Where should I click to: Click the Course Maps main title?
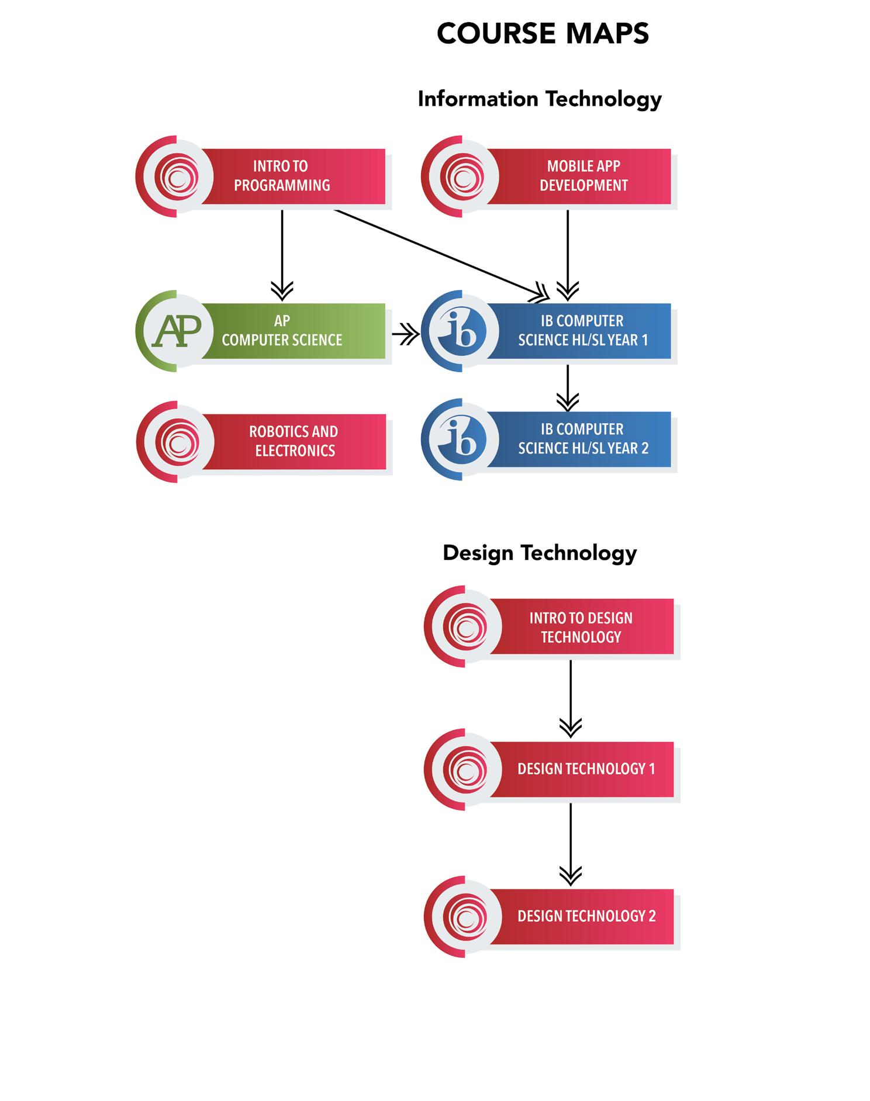[543, 33]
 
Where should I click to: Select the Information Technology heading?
[539, 99]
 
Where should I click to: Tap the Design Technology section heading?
[539, 553]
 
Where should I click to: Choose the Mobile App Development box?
[582, 176]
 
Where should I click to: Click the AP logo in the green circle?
[177, 331]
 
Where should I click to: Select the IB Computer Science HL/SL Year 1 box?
[582, 331]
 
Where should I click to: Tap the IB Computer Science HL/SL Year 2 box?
[582, 439]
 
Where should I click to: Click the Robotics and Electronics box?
[294, 441]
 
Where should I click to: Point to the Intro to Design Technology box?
[581, 627]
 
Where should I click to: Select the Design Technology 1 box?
[586, 769]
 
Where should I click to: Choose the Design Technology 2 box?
[586, 916]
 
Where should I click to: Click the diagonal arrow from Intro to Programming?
[439, 252]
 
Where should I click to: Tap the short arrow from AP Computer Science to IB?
[405, 335]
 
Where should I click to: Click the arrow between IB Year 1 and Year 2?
[567, 387]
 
